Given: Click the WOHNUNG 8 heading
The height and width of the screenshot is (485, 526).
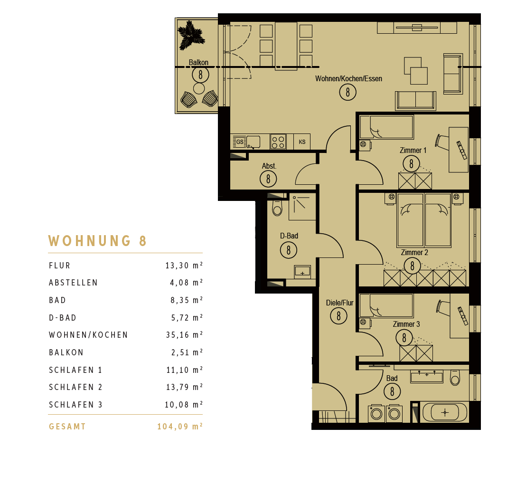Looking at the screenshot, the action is (97, 241).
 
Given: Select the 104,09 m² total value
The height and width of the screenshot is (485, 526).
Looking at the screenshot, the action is (180, 426).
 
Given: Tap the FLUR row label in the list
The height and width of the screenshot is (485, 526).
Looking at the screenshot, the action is (60, 266).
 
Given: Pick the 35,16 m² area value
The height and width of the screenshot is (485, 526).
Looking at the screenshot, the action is (184, 334).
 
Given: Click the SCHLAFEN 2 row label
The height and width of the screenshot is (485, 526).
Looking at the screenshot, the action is (75, 387).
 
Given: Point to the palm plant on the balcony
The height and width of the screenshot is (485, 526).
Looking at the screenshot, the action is (190, 35).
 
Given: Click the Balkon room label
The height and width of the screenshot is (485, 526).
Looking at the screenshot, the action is (198, 62).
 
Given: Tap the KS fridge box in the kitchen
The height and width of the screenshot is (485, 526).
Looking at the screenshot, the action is (302, 142).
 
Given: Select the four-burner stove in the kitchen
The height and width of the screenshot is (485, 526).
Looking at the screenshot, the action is (278, 142).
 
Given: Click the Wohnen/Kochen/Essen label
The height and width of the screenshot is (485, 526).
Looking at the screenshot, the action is (348, 78).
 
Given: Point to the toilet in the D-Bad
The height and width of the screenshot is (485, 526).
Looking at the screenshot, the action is (277, 208).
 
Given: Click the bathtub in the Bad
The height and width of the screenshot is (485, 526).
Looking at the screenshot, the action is (445, 412).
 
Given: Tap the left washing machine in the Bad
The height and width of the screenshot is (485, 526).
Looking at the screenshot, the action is (376, 413).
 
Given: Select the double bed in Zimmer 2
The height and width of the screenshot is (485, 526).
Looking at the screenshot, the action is (424, 220).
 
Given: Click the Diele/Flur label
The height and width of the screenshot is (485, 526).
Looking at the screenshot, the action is (340, 303).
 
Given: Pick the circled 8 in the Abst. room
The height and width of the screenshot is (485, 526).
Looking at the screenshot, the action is (268, 179).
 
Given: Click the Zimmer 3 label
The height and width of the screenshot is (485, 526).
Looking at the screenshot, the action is (406, 324).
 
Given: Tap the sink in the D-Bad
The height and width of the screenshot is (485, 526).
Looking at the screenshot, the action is (302, 272).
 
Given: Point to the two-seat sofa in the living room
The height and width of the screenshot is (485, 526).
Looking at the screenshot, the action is (416, 100).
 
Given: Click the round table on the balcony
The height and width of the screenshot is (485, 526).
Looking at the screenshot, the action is (199, 89).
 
